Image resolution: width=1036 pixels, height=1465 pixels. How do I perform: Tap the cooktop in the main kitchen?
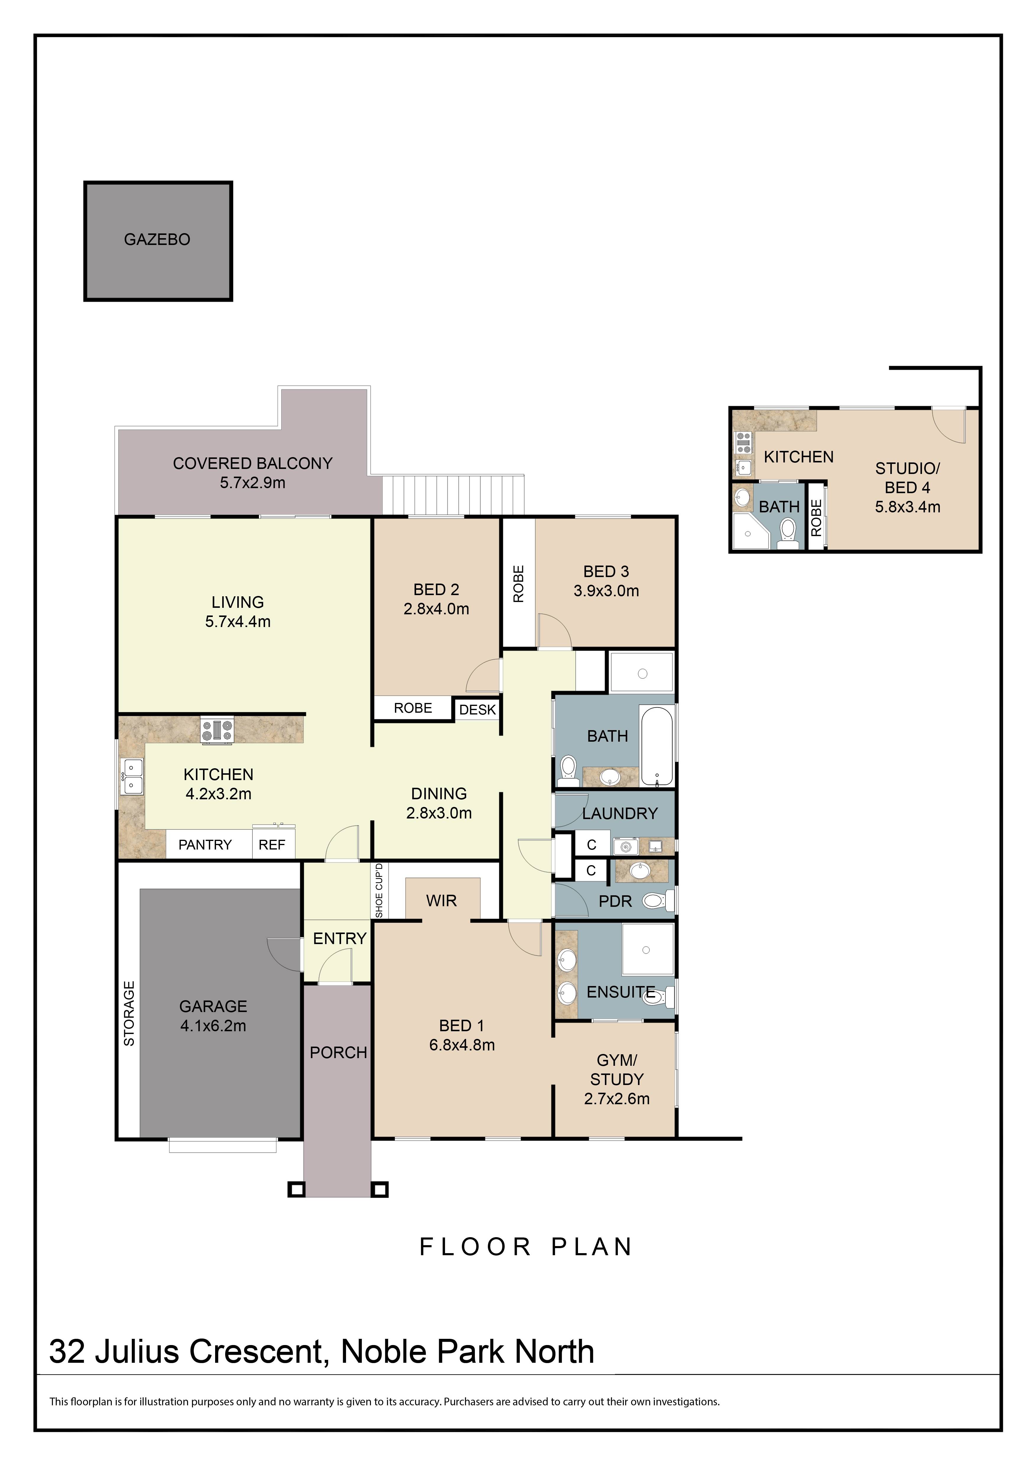(x=217, y=731)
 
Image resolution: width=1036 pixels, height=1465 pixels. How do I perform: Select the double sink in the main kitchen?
(x=133, y=776)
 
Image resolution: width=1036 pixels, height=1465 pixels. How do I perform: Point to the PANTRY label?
(x=205, y=845)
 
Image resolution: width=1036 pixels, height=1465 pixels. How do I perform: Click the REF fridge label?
(x=272, y=845)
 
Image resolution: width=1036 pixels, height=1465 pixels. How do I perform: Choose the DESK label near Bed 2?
(x=477, y=710)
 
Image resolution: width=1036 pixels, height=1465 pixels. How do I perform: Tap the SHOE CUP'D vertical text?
(x=379, y=891)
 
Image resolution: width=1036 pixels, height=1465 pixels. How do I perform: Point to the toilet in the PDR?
(x=654, y=901)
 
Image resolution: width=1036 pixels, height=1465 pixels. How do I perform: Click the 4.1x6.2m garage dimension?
(x=213, y=1026)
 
